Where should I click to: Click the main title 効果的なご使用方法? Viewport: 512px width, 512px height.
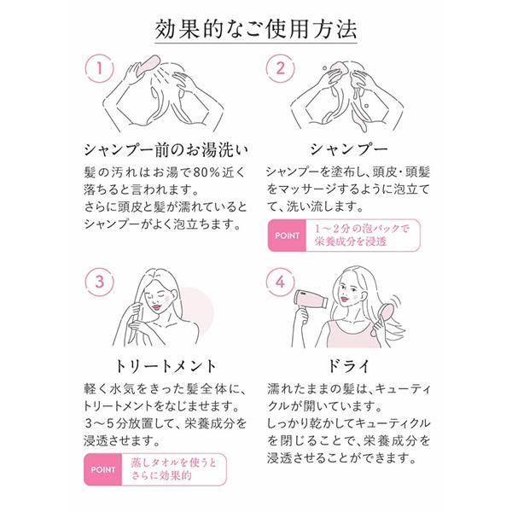coord(256,29)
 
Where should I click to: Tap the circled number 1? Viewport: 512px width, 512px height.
coord(99,68)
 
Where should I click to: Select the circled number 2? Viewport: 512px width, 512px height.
coord(280,68)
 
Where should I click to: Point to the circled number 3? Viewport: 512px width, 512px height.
coord(99,282)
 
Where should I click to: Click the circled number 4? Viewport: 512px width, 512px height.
coord(280,282)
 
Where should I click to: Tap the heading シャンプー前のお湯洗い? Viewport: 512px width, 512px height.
coord(166,150)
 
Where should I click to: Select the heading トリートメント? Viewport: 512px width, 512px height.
coord(166,366)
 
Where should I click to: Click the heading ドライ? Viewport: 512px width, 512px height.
coord(348,366)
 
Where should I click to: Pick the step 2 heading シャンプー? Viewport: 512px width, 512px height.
coord(348,149)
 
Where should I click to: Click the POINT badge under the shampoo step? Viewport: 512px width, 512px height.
coord(287,236)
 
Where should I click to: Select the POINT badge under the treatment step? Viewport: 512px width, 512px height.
coord(103,469)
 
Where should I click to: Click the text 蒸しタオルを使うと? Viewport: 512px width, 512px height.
coord(174,463)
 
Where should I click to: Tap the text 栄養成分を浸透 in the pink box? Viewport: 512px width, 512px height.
coord(351,241)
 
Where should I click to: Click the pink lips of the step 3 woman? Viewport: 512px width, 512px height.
coord(157,307)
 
